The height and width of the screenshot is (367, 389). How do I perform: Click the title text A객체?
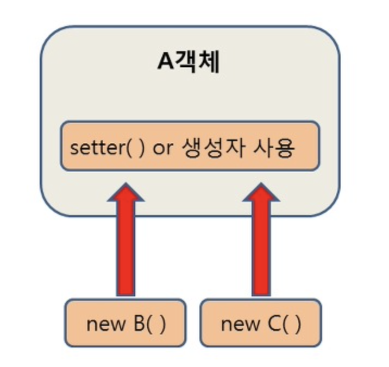(189, 62)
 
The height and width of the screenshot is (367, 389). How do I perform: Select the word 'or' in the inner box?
(162, 148)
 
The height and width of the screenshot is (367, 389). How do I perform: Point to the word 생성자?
(212, 148)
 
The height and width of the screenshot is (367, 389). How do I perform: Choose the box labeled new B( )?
(125, 324)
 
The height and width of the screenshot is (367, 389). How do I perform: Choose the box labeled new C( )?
(260, 324)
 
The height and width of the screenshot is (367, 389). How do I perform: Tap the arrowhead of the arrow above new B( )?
(126, 193)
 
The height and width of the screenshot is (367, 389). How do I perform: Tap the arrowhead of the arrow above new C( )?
(261, 193)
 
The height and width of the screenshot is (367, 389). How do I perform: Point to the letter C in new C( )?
(274, 324)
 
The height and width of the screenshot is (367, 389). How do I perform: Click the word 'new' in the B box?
(105, 325)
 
